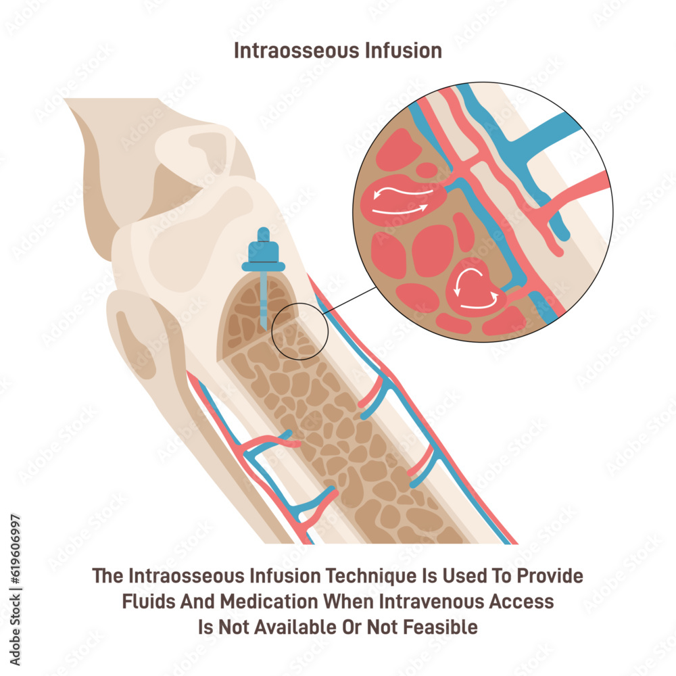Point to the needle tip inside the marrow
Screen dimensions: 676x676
pyautogui.click(x=263, y=324)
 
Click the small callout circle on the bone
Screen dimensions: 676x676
pyautogui.click(x=300, y=331)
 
